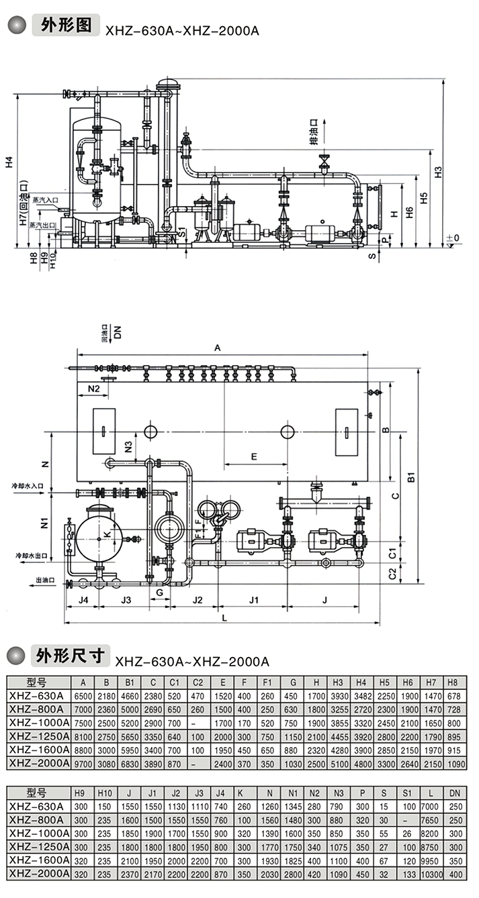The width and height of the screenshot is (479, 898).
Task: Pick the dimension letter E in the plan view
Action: point(253,456)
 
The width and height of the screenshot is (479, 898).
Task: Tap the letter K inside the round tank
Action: point(105,533)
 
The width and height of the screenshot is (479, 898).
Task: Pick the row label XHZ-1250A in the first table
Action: point(39,736)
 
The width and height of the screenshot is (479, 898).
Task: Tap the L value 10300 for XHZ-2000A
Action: point(432,874)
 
